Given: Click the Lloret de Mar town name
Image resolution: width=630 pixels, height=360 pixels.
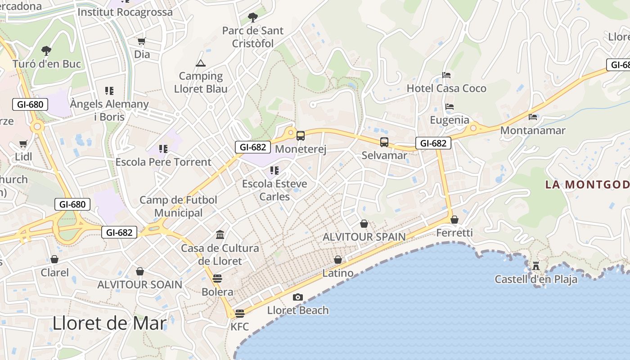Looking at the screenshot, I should (x=109, y=323).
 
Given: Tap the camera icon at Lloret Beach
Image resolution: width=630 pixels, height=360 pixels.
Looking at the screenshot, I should (x=297, y=297).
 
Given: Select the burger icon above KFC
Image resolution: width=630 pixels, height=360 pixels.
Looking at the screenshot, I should (x=239, y=313).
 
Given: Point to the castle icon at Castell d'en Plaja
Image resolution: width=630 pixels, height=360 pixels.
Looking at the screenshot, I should (x=535, y=265).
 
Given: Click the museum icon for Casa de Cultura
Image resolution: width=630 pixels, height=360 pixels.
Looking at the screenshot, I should (x=220, y=234).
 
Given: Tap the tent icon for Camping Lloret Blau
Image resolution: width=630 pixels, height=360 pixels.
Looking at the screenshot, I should (x=200, y=63).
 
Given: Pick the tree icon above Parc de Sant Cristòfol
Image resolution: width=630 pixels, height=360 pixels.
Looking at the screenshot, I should (x=253, y=18).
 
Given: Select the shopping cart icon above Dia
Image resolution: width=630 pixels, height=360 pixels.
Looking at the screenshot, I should (x=142, y=41).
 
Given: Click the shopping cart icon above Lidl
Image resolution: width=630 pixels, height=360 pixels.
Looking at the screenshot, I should (x=23, y=144).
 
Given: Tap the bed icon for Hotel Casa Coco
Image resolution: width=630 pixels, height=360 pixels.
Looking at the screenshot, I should (x=446, y=75).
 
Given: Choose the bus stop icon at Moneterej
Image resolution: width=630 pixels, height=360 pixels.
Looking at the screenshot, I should (x=300, y=135).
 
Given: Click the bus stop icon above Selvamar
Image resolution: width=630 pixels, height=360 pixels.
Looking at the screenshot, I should (x=384, y=142).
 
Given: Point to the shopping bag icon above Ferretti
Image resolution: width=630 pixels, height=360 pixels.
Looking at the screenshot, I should (x=454, y=220).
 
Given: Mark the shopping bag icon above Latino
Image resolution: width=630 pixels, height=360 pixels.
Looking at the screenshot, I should (x=338, y=260).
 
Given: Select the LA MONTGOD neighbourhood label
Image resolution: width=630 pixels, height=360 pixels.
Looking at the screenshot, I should (x=587, y=184).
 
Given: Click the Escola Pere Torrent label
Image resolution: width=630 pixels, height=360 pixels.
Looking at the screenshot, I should (x=163, y=162).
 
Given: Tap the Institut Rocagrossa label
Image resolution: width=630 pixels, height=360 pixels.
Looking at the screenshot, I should (x=125, y=12).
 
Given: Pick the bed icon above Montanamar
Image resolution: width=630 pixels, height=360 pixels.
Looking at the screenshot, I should (x=533, y=117).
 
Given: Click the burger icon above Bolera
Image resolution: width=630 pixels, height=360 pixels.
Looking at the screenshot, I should (x=217, y=278).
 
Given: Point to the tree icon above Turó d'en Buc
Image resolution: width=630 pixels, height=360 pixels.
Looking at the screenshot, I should (x=46, y=50).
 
